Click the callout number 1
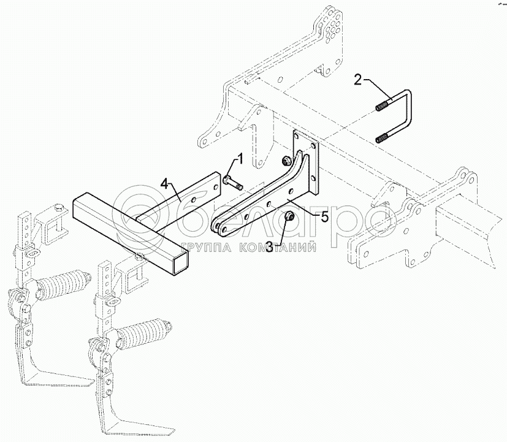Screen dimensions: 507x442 240,160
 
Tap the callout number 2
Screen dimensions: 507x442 358,80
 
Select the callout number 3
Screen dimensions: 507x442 269,246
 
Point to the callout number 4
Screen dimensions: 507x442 164,185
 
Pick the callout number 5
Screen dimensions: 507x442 324,216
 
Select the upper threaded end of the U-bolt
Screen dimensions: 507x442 383,107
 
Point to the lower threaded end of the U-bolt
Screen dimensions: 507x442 383,139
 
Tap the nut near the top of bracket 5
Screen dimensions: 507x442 286,160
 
